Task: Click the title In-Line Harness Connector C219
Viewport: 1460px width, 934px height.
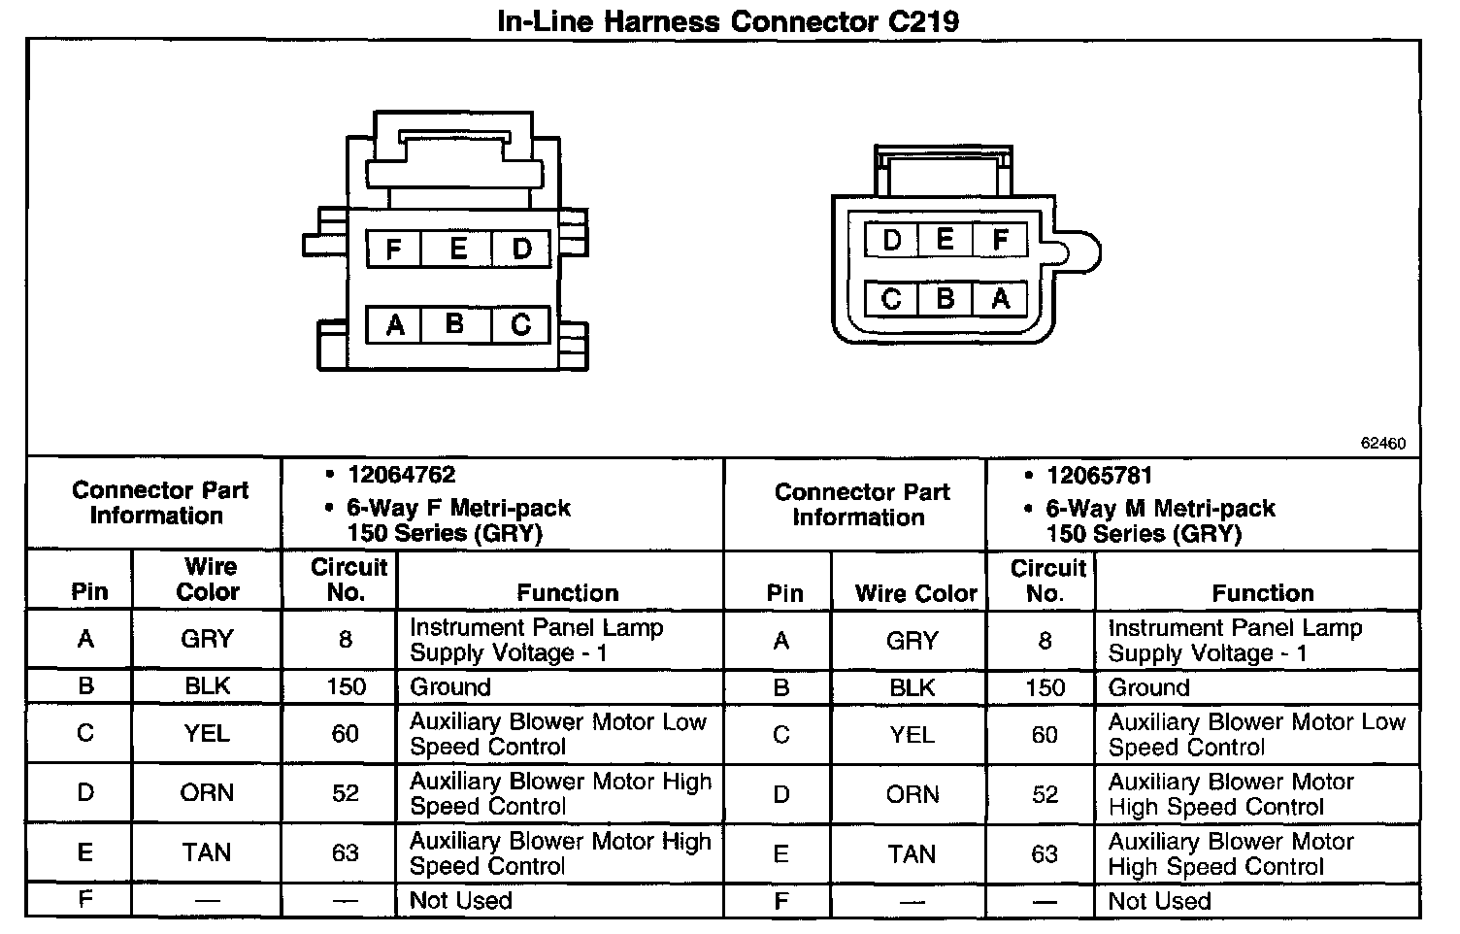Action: (x=728, y=20)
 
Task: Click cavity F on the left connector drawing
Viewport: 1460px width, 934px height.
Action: (x=393, y=250)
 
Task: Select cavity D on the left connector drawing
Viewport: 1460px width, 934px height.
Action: (x=521, y=250)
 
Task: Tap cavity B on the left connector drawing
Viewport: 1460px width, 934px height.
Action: (x=455, y=323)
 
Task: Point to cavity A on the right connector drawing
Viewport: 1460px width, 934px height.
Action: (x=1001, y=298)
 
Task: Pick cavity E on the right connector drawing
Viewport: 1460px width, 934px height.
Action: (x=945, y=240)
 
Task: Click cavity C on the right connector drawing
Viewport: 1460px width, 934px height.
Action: (x=890, y=298)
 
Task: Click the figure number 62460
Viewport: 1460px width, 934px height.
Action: (x=1382, y=444)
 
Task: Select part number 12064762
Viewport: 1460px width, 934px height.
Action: (x=401, y=475)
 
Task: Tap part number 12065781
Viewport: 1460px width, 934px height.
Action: (x=1099, y=476)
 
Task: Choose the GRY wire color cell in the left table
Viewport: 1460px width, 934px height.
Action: (x=207, y=639)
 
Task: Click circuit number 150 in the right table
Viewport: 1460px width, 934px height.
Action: (x=1045, y=687)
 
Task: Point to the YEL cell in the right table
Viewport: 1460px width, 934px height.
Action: (x=912, y=735)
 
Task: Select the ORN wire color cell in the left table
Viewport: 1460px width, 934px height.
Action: (x=207, y=793)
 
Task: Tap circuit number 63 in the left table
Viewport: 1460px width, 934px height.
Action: (x=346, y=852)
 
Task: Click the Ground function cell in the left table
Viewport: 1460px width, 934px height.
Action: (x=450, y=687)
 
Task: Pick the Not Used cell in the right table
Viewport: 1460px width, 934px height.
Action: (x=1159, y=901)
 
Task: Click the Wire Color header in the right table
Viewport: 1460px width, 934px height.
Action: (x=915, y=593)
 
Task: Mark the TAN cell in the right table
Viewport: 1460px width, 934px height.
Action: (x=912, y=853)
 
